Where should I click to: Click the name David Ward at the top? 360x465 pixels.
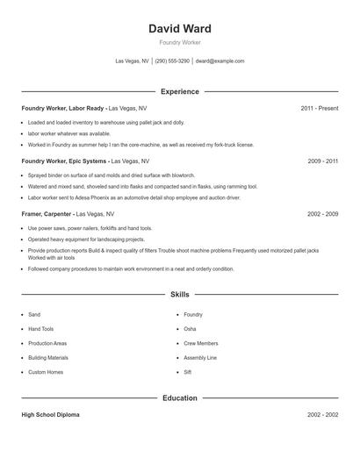coord(180,29)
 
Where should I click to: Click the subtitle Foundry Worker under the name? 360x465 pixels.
coord(180,43)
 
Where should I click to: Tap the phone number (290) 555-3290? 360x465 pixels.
coord(172,61)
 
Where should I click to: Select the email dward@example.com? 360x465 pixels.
coord(220,61)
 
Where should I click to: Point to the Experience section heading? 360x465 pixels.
coord(180,91)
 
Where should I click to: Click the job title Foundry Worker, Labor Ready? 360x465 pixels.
coord(62,108)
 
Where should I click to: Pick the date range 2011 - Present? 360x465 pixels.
coord(319,108)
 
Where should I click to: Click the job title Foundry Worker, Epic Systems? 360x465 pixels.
coord(64,161)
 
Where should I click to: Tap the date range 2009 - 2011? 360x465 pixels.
coord(322,161)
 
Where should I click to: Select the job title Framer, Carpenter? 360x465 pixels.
coord(47,214)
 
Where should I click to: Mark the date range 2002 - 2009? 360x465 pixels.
coord(322,214)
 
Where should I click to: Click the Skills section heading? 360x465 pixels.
coord(180,295)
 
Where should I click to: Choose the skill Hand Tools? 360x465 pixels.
coord(41,329)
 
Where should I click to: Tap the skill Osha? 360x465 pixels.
coord(190,329)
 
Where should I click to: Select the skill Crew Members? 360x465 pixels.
coord(201,343)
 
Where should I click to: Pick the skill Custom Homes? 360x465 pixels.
coord(46,372)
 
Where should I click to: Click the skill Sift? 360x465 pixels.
coord(188,372)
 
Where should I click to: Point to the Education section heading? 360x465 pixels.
coord(180,397)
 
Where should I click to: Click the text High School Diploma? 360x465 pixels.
coord(51,414)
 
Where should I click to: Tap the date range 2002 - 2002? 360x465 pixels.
coord(322,414)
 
